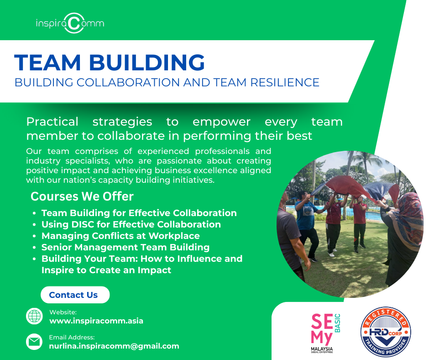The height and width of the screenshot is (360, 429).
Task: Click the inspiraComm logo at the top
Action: [x=70, y=23]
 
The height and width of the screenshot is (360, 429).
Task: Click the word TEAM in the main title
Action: [x=47, y=63]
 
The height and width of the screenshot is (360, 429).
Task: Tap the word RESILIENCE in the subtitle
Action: [x=285, y=83]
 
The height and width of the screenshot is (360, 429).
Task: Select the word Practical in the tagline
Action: [x=52, y=122]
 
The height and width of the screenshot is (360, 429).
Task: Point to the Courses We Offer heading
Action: [x=82, y=196]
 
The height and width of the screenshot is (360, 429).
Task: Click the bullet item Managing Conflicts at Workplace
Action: [x=120, y=236]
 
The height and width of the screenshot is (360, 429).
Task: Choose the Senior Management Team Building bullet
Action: [x=126, y=248]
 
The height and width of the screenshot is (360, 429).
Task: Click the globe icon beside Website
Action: [x=34, y=316]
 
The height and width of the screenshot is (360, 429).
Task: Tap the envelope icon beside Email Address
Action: [x=34, y=342]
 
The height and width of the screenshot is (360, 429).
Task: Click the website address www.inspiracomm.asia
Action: [x=96, y=321]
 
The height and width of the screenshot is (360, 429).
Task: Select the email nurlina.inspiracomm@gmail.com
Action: [x=114, y=346]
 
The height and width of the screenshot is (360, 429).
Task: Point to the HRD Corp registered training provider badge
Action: [x=386, y=332]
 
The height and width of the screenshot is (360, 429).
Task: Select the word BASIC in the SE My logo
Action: [x=338, y=323]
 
